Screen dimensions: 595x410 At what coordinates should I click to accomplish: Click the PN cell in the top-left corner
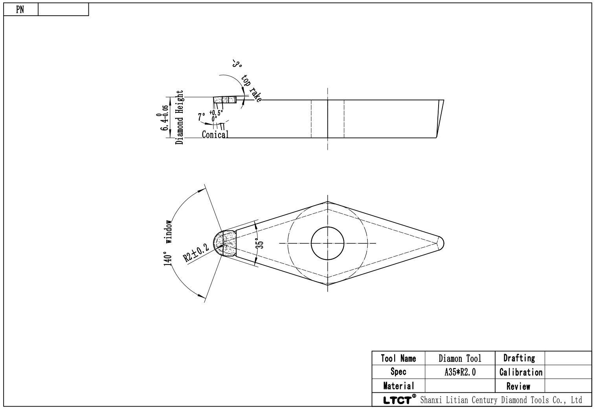[20, 9]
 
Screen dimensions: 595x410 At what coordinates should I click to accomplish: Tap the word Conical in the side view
[215, 134]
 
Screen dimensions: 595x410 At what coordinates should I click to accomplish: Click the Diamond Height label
[180, 117]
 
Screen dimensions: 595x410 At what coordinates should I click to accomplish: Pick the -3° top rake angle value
[237, 64]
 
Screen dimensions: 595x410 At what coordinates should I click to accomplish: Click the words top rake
[252, 88]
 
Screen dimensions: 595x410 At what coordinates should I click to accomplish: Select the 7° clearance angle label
[202, 117]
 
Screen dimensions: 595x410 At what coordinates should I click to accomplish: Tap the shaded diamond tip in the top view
[225, 243]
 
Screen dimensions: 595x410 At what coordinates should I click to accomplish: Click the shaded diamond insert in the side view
[225, 100]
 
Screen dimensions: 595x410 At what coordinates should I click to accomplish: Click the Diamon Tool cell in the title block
[460, 359]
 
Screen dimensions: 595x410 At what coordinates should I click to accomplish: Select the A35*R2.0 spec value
[460, 372]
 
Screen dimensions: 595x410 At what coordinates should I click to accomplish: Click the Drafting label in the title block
[519, 358]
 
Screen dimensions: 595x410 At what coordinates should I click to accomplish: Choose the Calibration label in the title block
[521, 372]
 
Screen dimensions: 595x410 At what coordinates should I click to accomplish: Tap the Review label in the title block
[518, 386]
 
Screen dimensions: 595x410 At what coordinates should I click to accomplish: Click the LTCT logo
[400, 400]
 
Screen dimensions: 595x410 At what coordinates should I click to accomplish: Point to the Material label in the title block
[399, 386]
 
